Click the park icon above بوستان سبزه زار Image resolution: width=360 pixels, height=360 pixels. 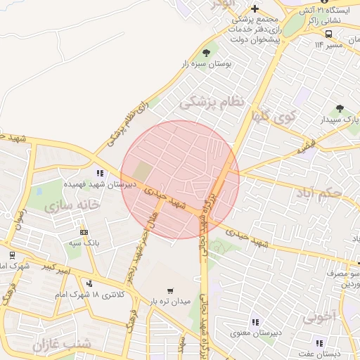coord(206,52)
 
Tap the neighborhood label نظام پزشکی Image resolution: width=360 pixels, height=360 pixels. coord(211,103)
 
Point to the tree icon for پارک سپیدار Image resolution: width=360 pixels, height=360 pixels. coord(340,109)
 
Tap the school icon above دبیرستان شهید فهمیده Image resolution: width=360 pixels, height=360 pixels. coord(101,172)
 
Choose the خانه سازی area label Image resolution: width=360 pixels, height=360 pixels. coord(71,205)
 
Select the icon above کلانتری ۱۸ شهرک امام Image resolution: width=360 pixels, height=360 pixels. coord(89,283)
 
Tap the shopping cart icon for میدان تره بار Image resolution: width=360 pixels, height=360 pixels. coord(170,290)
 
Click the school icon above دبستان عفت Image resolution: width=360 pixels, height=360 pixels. coord(320,343)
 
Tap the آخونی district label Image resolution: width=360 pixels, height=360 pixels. coord(320,317)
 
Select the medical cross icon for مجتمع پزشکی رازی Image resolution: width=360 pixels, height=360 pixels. coord(255,8)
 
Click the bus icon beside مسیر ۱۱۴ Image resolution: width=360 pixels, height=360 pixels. coord(329,34)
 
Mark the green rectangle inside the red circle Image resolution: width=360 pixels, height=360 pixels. coord(143,170)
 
